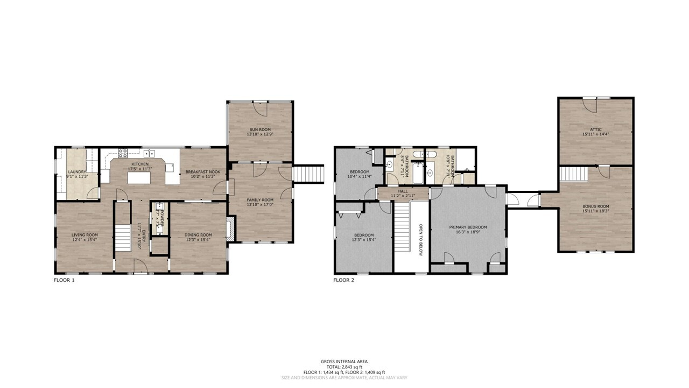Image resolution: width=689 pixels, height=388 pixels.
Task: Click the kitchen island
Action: (139, 176)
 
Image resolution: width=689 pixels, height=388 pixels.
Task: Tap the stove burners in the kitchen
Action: (123, 153)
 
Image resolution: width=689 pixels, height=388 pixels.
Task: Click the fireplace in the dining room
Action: (231, 228)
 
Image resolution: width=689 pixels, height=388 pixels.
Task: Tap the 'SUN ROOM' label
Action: (260, 130)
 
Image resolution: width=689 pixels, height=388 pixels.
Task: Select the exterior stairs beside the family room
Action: (308, 174)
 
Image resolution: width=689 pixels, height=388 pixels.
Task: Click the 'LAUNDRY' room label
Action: (77, 172)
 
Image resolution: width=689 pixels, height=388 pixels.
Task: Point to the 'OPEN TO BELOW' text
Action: (420, 239)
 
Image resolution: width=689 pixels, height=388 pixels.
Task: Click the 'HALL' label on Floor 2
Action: (403, 190)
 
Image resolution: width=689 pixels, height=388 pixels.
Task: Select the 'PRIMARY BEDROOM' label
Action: (468, 227)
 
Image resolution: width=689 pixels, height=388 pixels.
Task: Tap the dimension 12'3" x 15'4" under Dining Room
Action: (199, 240)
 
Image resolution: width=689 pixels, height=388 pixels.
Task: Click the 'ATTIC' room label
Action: (595, 129)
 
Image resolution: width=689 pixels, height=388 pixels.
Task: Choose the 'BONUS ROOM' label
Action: (595, 206)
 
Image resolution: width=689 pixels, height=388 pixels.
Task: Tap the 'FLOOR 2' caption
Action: (343, 280)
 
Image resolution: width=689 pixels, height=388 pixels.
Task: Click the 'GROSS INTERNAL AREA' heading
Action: (344, 362)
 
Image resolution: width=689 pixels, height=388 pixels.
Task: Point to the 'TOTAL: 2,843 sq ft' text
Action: (344, 367)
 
